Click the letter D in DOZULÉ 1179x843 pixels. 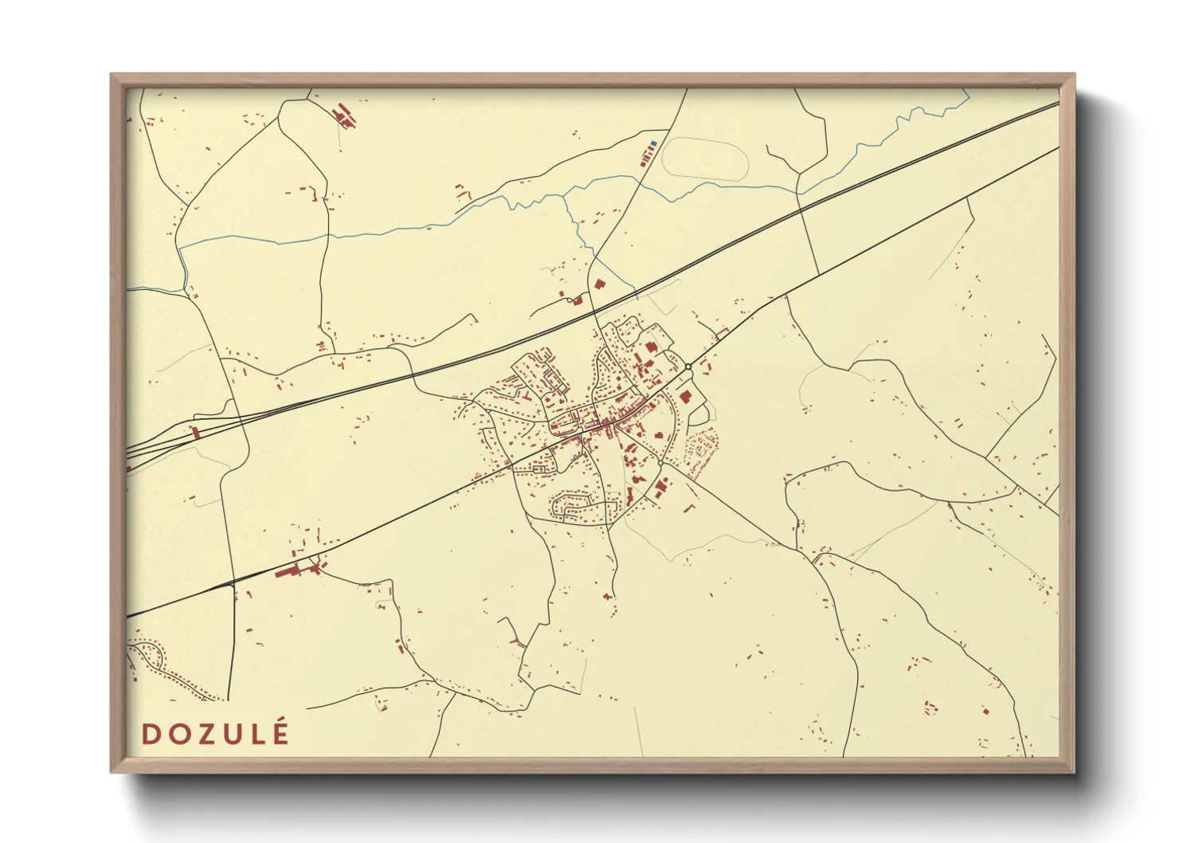pos(150,734)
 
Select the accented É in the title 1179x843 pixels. pos(280,732)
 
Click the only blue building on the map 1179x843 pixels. pos(653,143)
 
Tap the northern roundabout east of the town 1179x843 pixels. pos(688,367)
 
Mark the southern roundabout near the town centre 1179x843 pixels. pos(660,462)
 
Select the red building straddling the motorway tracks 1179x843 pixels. pos(194,432)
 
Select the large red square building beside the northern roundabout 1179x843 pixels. pos(685,395)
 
